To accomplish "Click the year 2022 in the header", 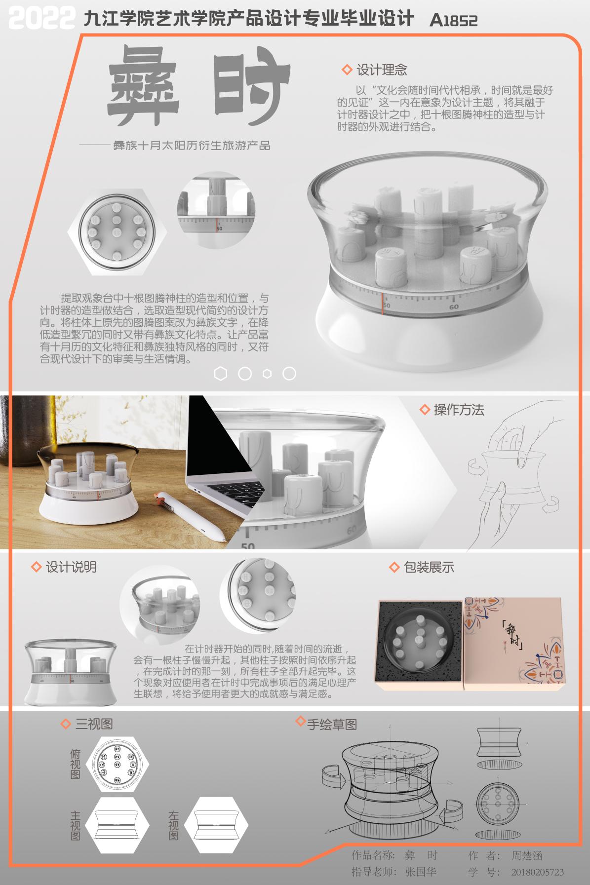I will tap(42, 18).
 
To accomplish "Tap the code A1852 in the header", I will tap(453, 20).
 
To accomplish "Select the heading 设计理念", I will tap(381, 70).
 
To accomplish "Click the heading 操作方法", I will tap(458, 410).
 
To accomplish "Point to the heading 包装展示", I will tap(428, 567).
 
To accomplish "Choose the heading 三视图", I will tap(94, 724).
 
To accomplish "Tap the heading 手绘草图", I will tap(332, 724).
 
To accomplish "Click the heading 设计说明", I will tap(71, 567).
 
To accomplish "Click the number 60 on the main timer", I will tap(454, 307).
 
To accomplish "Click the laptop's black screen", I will tap(217, 444).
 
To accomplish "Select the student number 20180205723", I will tap(537, 872).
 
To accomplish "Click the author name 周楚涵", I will tap(526, 855).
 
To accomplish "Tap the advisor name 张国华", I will tap(421, 872).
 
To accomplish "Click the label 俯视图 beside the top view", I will tap(75, 764).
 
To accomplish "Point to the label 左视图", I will tap(173, 825).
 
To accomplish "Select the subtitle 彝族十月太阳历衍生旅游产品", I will tap(192, 146).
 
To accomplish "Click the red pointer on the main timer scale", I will tap(382, 302).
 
